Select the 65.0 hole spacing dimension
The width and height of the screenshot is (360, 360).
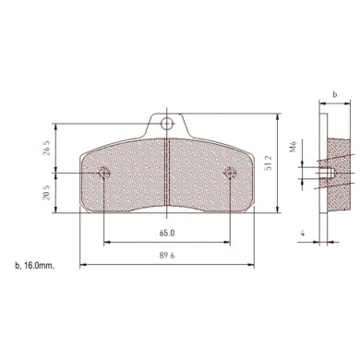tap(167, 234)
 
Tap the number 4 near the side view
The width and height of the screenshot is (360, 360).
tap(302, 234)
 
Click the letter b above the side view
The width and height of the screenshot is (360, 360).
tap(334, 94)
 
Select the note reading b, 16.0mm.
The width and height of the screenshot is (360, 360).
tap(35, 266)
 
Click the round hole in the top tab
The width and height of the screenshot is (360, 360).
tap(166, 122)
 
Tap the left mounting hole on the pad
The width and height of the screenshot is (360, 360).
tap(103, 172)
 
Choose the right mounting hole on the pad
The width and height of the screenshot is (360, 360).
tap(230, 172)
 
